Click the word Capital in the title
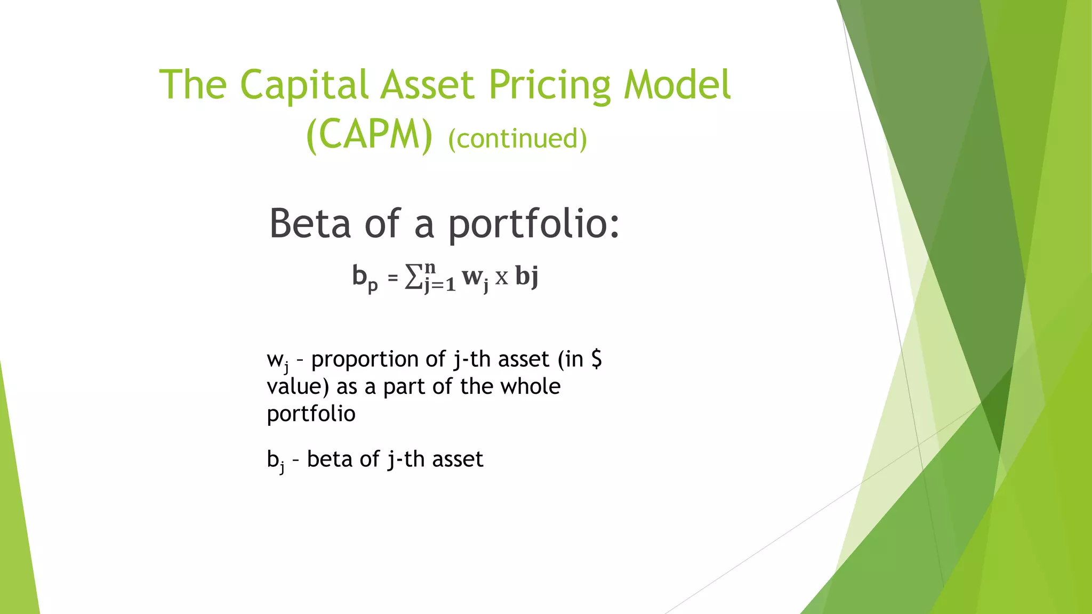tap(303, 85)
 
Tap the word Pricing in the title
tap(549, 85)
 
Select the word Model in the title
tap(677, 85)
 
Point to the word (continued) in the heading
tap(517, 139)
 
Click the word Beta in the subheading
tap(310, 223)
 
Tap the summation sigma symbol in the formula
tap(414, 277)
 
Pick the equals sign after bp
tap(393, 278)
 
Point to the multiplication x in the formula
tap(501, 278)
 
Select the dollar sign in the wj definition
tap(597, 359)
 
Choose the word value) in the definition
tap(298, 387)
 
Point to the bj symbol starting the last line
tap(275, 461)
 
